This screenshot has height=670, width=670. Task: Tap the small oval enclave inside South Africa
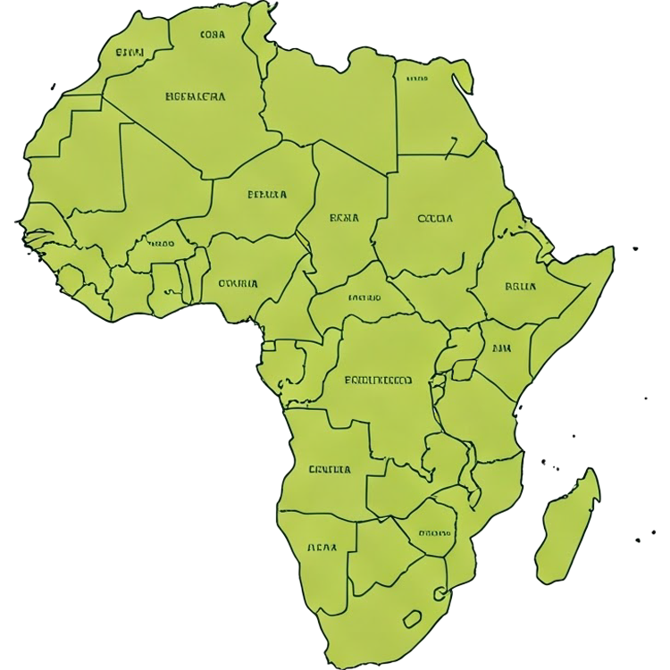412,618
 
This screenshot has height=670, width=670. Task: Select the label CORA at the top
214,36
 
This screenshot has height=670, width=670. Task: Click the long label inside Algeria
196,96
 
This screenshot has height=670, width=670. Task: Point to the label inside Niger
267,193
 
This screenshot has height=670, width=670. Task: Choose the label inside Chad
344,217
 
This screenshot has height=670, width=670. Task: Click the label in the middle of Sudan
435,218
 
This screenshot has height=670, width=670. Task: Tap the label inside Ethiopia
520,287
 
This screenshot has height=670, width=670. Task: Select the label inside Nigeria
238,284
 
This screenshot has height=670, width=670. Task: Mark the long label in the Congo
379,380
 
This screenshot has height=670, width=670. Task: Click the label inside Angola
330,469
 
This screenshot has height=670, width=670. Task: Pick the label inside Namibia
322,548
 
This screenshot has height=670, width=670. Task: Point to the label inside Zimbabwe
434,533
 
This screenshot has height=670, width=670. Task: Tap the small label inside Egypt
416,79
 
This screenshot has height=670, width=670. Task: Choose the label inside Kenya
501,350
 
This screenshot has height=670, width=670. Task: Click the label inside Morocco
130,52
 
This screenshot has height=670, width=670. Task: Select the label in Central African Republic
364,297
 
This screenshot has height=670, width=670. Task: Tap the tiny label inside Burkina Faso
161,243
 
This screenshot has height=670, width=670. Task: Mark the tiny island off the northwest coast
53,87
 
